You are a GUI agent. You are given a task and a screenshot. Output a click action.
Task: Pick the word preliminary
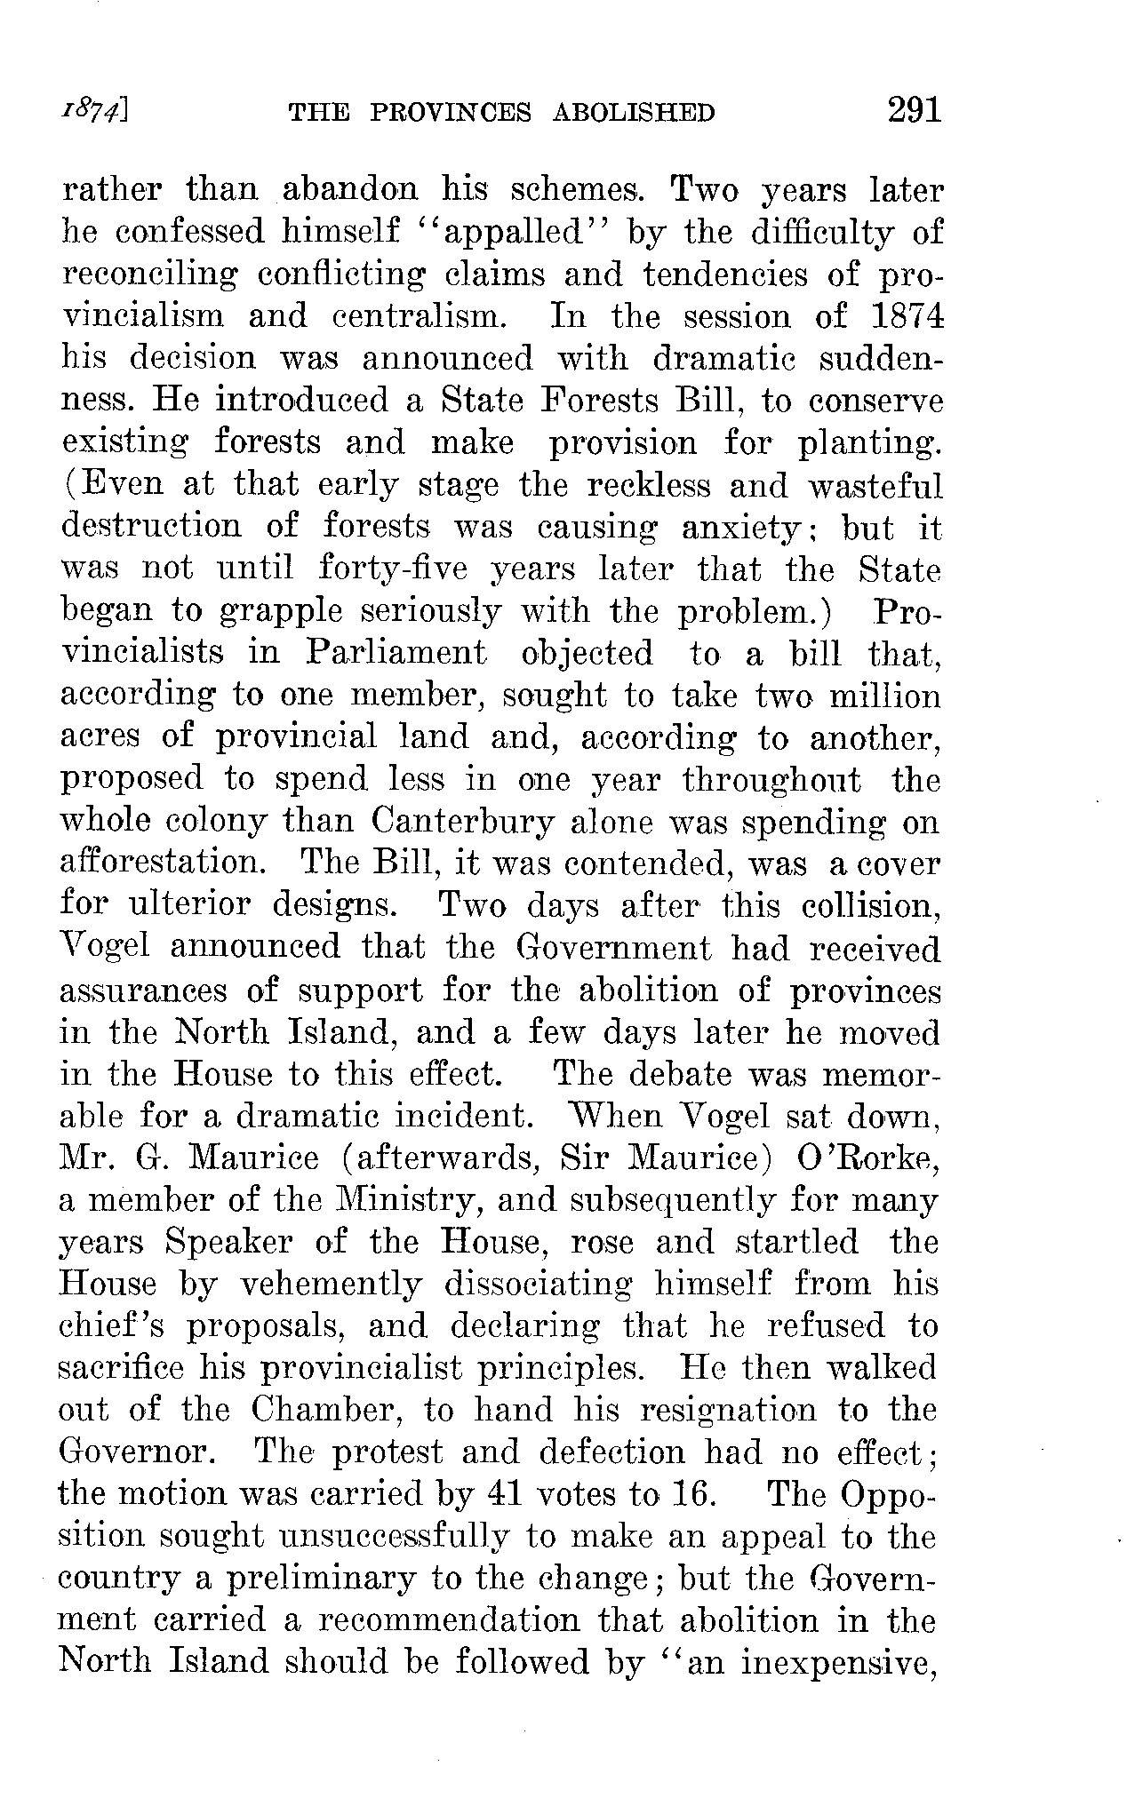[x=318, y=1579]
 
